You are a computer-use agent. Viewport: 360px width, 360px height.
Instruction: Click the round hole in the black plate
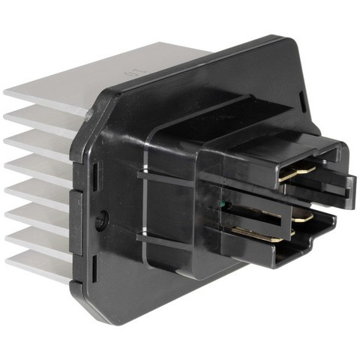coord(103,219)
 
